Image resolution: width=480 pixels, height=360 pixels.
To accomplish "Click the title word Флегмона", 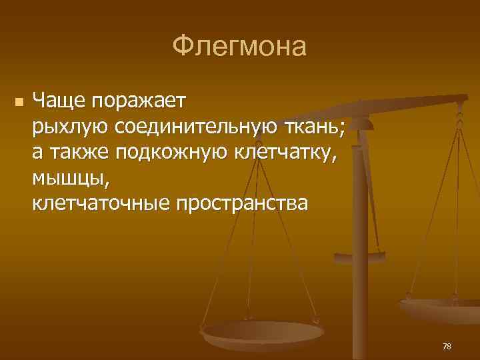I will click(239, 47).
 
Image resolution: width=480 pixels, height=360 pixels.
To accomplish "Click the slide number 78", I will click(446, 346).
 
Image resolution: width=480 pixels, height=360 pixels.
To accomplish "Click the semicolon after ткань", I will click(343, 129).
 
